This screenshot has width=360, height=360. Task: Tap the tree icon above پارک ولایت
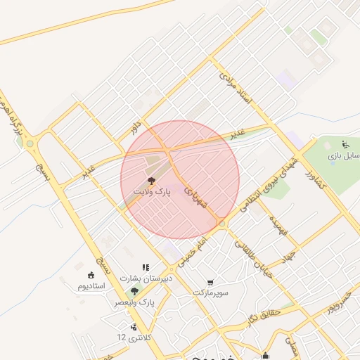point(151,181)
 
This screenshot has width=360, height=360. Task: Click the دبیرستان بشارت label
point(145,278)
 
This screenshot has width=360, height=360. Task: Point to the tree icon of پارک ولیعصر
point(135,290)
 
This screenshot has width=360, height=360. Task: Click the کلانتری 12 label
point(131,337)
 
